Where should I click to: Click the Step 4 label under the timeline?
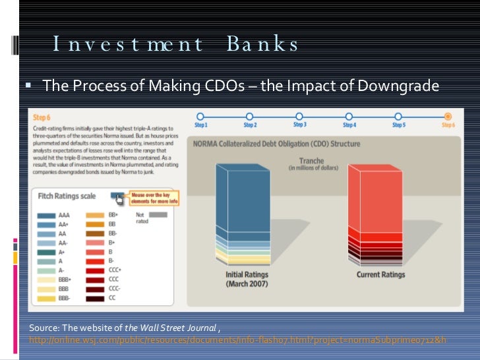(349, 125)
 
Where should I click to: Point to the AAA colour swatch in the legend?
(47, 215)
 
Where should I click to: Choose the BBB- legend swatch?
(47, 299)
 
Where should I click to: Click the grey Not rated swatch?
(158, 215)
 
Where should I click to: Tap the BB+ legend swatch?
(96, 215)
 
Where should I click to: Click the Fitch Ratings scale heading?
(66, 196)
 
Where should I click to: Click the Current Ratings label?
(380, 274)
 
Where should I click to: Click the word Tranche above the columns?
(312, 160)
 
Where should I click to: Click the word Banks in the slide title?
(262, 44)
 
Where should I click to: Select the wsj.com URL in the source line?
(237, 340)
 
